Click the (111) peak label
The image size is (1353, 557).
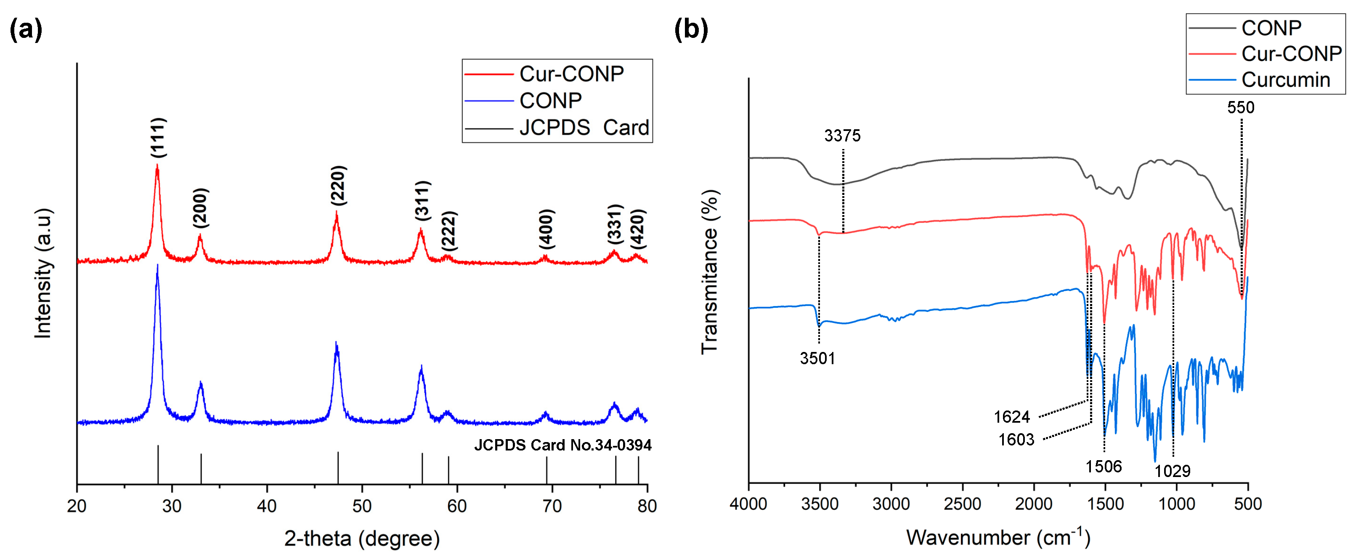click(159, 137)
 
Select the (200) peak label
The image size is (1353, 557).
click(201, 208)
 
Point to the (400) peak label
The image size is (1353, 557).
click(546, 229)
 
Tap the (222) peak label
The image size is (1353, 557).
click(448, 231)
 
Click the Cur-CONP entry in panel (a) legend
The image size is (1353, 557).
click(571, 74)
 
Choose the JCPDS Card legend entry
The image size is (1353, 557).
click(584, 128)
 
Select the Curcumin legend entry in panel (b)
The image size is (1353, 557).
click(1285, 80)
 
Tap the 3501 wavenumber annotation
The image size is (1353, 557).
click(817, 358)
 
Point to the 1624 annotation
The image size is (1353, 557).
click(1012, 417)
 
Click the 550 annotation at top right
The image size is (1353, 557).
click(1241, 107)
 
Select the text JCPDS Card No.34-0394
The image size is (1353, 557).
click(562, 445)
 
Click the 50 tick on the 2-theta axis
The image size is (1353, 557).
click(362, 506)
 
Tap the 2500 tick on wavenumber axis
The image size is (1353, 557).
click(963, 504)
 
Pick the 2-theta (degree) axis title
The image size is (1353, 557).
click(362, 538)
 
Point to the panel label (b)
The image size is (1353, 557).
click(691, 29)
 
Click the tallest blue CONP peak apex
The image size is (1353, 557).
click(157, 266)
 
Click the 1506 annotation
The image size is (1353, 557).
click(1104, 466)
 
